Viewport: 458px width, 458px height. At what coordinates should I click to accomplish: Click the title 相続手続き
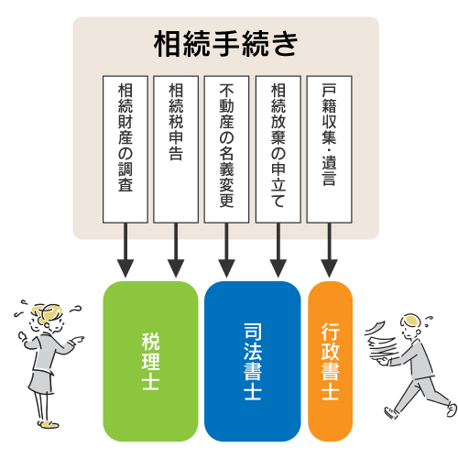[226, 44]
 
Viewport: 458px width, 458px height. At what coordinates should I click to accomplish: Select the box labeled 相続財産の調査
[125, 149]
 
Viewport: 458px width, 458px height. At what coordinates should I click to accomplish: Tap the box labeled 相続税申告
[176, 149]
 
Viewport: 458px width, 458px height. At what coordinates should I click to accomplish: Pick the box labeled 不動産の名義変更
[226, 149]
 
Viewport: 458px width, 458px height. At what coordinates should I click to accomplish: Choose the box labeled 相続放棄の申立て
[278, 149]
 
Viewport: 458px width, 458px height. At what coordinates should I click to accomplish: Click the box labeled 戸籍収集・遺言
[329, 149]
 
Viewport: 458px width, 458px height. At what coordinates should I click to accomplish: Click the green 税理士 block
[150, 361]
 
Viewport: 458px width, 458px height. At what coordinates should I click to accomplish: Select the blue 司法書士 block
[253, 361]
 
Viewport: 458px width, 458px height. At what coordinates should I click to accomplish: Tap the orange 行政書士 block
[330, 361]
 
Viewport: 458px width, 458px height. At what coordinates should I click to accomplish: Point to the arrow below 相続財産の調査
[125, 250]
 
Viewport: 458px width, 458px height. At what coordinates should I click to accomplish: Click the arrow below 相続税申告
[176, 250]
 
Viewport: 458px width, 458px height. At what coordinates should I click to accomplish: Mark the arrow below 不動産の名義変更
[226, 250]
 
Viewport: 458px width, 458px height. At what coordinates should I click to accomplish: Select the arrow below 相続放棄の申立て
[278, 250]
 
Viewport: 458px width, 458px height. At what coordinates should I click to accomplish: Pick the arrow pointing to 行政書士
[329, 250]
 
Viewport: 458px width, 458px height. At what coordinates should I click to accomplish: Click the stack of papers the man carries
[381, 342]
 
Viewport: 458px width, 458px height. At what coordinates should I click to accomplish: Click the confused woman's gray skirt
[40, 382]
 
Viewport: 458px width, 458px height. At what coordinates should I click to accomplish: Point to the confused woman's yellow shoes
[49, 424]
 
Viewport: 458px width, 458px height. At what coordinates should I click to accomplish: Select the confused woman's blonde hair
[47, 312]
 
